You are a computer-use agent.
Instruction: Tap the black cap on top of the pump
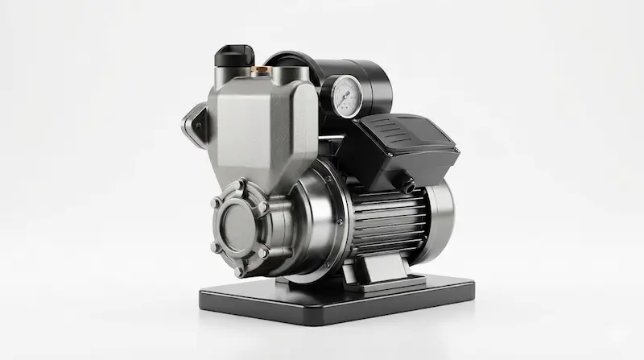[233, 56]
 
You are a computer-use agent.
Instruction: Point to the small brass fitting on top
[260, 71]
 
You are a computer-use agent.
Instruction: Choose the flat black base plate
[338, 298]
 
